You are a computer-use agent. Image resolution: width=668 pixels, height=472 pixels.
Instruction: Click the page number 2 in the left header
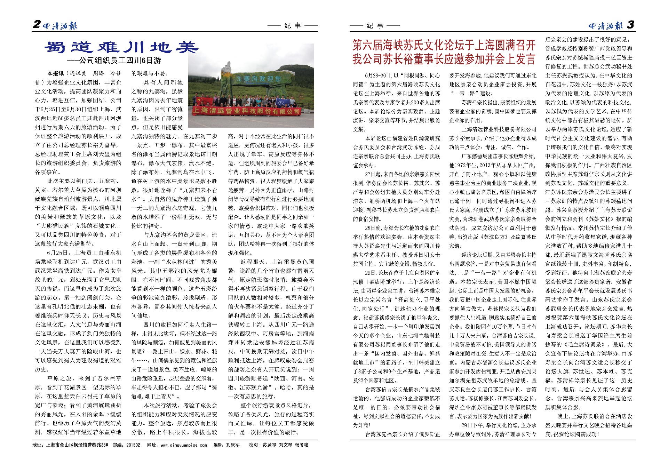coord(37,24)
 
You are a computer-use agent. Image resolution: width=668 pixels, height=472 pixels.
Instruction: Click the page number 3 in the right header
coord(630,25)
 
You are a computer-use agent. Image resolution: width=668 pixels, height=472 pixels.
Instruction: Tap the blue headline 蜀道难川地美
coord(121,47)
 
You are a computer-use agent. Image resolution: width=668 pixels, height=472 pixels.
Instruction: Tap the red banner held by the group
coord(246,111)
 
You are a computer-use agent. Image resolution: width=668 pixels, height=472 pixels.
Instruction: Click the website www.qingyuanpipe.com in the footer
coord(184,445)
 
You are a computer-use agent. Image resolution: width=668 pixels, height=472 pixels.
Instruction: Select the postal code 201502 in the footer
coord(133,445)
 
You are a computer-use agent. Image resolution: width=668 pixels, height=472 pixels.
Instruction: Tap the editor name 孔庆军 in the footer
coord(233,445)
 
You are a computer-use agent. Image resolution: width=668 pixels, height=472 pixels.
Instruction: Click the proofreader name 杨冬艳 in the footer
coord(301,445)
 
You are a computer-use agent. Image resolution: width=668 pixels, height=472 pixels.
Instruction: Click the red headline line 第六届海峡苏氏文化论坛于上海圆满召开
coord(444,45)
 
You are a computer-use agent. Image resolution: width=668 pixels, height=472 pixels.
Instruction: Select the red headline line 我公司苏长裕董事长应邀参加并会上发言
coord(444,59)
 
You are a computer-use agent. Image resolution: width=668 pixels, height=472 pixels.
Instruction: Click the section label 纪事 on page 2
coord(293,25)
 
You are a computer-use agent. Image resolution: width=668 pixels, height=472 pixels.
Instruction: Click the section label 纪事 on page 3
coord(375,25)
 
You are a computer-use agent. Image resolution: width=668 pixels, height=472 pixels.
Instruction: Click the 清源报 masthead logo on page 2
coord(60,25)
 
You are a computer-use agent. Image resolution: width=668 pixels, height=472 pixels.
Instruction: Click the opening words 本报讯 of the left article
coord(56,73)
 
